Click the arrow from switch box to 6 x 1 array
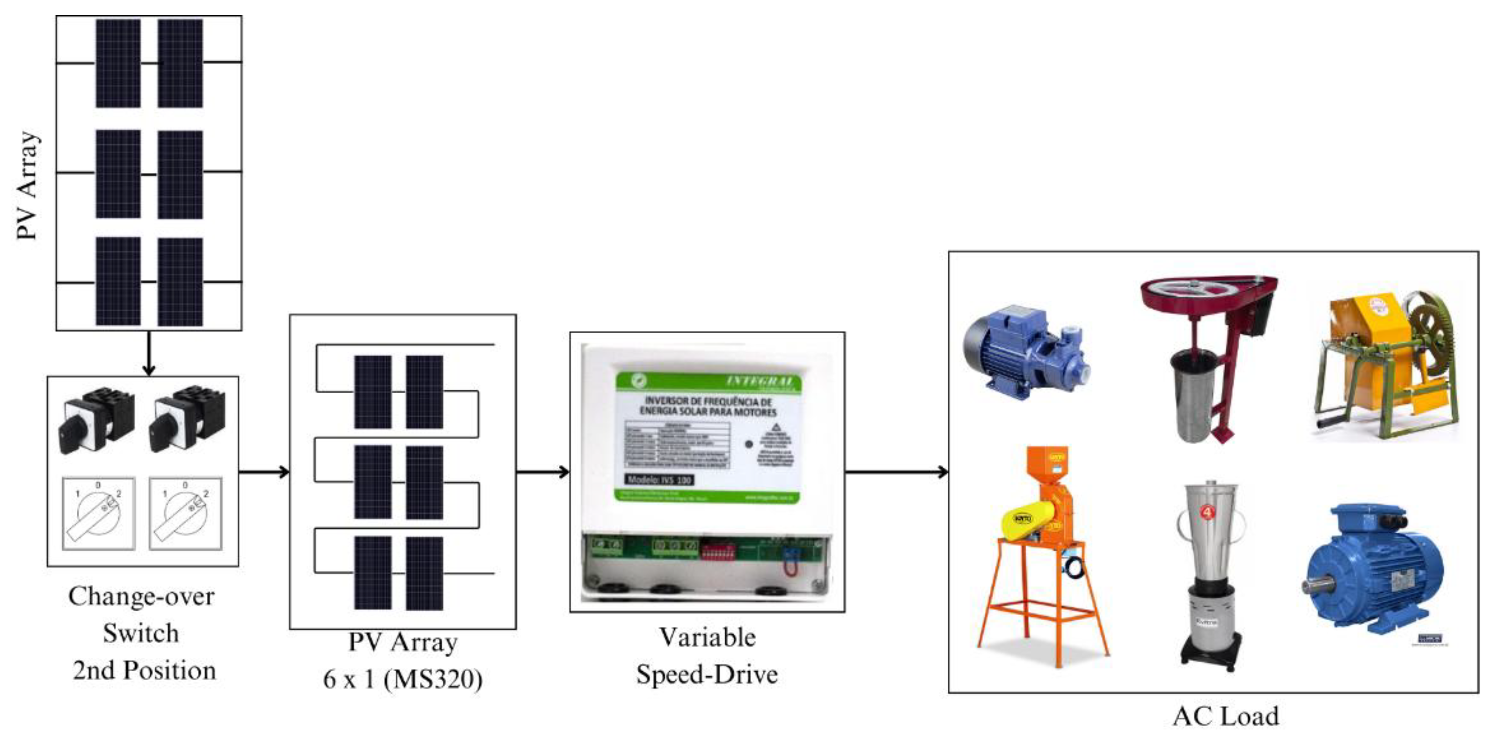(x=263, y=471)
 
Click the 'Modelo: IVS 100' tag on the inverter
(x=659, y=480)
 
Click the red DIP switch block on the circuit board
(x=719, y=550)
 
